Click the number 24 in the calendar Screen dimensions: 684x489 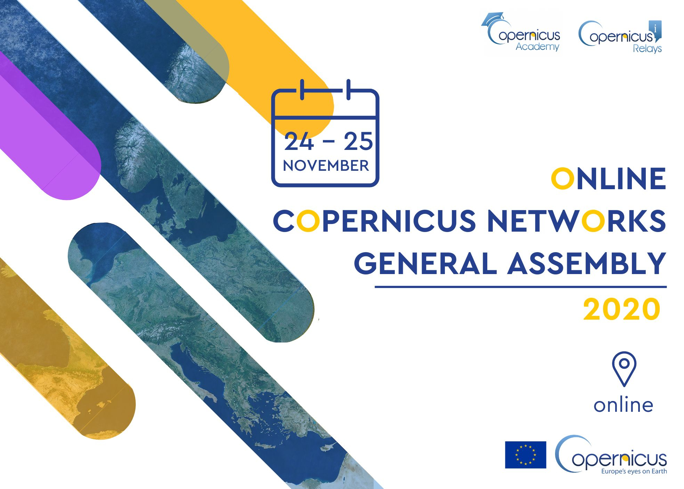pyautogui.click(x=299, y=142)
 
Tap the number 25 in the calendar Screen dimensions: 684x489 pyautogui.click(x=358, y=142)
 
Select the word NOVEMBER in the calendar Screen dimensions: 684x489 pyautogui.click(x=326, y=166)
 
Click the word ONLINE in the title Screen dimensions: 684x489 pyautogui.click(x=609, y=179)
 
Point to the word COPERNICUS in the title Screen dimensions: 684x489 pyautogui.click(x=374, y=221)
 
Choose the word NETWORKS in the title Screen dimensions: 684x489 pyautogui.click(x=577, y=221)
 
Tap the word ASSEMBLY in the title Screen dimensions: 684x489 pyautogui.click(x=587, y=263)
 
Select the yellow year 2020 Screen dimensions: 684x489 pyautogui.click(x=621, y=309)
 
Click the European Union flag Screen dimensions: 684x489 pyautogui.click(x=526, y=455)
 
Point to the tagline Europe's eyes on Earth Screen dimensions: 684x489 pyautogui.click(x=634, y=472)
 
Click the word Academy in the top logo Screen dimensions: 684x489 pyautogui.click(x=537, y=46)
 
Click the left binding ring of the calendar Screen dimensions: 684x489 pyautogui.click(x=302, y=90)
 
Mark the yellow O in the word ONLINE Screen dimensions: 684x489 pyautogui.click(x=562, y=179)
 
